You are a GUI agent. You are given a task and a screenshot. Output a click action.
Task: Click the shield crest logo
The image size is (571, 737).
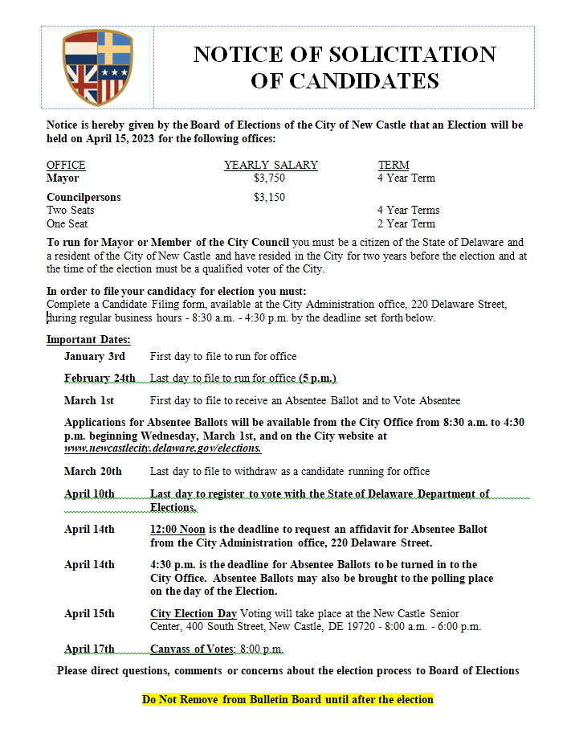coord(97,68)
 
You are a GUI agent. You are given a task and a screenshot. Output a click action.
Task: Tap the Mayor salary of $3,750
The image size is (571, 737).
coord(269,178)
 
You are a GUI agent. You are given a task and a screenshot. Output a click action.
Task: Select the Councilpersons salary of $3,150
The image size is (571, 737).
coord(269,197)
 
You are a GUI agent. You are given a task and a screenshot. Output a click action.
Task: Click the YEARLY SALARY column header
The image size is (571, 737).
coord(271,166)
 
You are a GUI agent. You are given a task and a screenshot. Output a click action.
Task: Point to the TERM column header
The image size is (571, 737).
coord(394,166)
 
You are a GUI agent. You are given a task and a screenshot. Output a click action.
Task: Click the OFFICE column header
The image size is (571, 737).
coord(66,166)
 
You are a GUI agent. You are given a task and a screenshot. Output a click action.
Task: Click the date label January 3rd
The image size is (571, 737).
coord(95,356)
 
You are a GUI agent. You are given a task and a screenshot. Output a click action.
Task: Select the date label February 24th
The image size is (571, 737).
coord(100,378)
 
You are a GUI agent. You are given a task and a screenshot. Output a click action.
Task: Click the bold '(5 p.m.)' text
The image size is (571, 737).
coord(317,378)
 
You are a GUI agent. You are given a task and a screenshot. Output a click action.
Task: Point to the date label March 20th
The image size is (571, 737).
coord(93,471)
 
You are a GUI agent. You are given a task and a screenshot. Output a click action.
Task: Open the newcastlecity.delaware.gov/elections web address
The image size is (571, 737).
coord(163,448)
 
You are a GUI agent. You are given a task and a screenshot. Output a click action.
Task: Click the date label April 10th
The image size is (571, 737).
coord(90,493)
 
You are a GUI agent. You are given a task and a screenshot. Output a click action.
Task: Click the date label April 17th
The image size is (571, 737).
coord(90,649)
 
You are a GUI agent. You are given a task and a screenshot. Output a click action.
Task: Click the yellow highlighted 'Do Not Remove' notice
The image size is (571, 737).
coord(288,699)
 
